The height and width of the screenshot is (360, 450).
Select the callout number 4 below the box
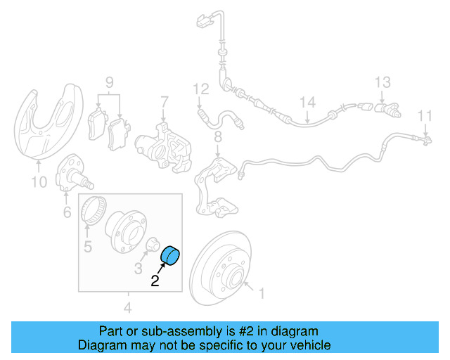pos(127,307)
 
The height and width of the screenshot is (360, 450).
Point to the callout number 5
pos(88,246)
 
